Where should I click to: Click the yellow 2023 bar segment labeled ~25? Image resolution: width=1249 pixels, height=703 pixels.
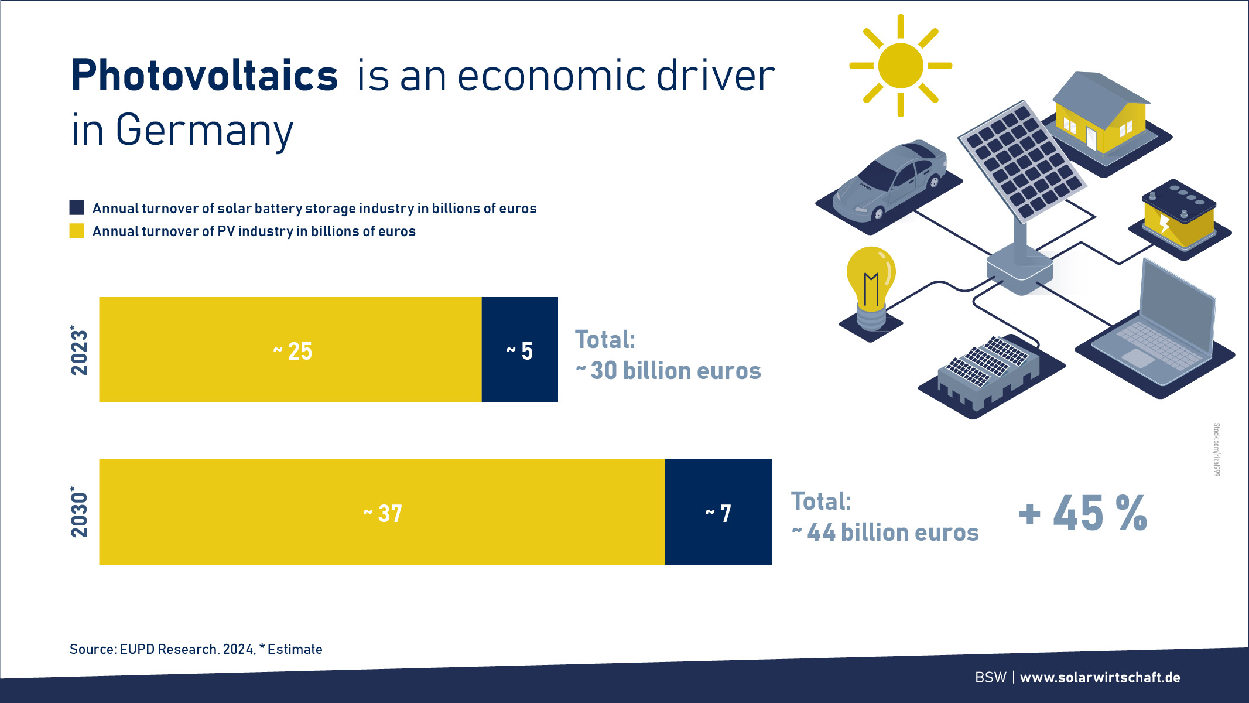pyautogui.click(x=290, y=350)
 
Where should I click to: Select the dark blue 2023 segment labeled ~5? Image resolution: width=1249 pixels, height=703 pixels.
pyautogui.click(x=520, y=350)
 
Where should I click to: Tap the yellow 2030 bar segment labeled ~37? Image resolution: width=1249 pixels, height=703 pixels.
pyautogui.click(x=382, y=512)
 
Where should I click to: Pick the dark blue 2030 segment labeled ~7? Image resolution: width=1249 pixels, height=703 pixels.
pyautogui.click(x=718, y=512)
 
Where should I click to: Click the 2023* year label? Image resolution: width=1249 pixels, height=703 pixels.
pyautogui.click(x=78, y=350)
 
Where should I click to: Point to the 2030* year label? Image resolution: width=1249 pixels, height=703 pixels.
pyautogui.click(x=78, y=511)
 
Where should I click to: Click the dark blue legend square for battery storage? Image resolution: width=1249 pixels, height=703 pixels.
pyautogui.click(x=77, y=207)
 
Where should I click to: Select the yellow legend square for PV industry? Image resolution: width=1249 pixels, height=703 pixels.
pyautogui.click(x=77, y=231)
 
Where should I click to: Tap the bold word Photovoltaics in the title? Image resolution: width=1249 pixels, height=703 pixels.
pyautogui.click(x=204, y=76)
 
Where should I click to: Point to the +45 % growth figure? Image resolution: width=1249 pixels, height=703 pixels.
pyautogui.click(x=1083, y=513)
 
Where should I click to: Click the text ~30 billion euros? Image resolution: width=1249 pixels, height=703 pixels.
pyautogui.click(x=668, y=371)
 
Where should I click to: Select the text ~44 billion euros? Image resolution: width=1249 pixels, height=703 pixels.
pyautogui.click(x=885, y=533)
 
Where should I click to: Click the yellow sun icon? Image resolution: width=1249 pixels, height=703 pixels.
pyautogui.click(x=901, y=66)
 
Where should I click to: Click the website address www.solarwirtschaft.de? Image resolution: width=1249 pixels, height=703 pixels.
pyautogui.click(x=1100, y=678)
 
